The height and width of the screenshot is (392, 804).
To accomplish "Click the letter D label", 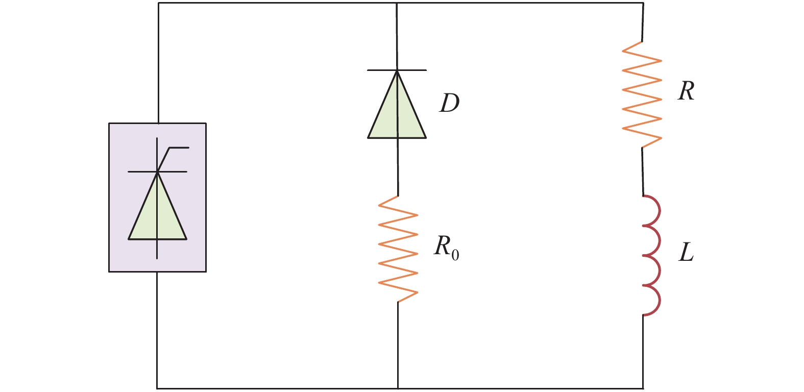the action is (449, 103).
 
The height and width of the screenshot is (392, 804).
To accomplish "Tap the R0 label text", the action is (447, 248).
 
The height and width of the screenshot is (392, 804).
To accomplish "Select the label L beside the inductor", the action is (686, 252).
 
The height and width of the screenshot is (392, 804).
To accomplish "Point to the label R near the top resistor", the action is (686, 91).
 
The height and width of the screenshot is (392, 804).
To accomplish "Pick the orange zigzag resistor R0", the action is (398, 249).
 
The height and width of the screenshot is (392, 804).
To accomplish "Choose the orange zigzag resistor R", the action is (642, 94).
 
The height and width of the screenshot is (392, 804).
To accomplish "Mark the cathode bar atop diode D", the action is (397, 70).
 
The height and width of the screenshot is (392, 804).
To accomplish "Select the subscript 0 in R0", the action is (455, 255).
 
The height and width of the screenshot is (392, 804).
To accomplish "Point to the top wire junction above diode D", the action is (397, 3).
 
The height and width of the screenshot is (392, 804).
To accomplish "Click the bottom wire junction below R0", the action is (398, 388).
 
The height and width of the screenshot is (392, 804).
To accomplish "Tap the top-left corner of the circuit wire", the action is (158, 3).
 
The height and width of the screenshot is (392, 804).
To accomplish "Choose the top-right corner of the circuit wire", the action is (643, 3).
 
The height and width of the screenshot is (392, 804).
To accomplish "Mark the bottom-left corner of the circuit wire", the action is (157, 388).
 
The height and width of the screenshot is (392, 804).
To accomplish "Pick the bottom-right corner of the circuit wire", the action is (643, 388).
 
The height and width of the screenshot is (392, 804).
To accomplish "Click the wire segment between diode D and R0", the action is (398, 167).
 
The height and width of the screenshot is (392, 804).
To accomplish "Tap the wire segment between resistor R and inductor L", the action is (643, 171).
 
